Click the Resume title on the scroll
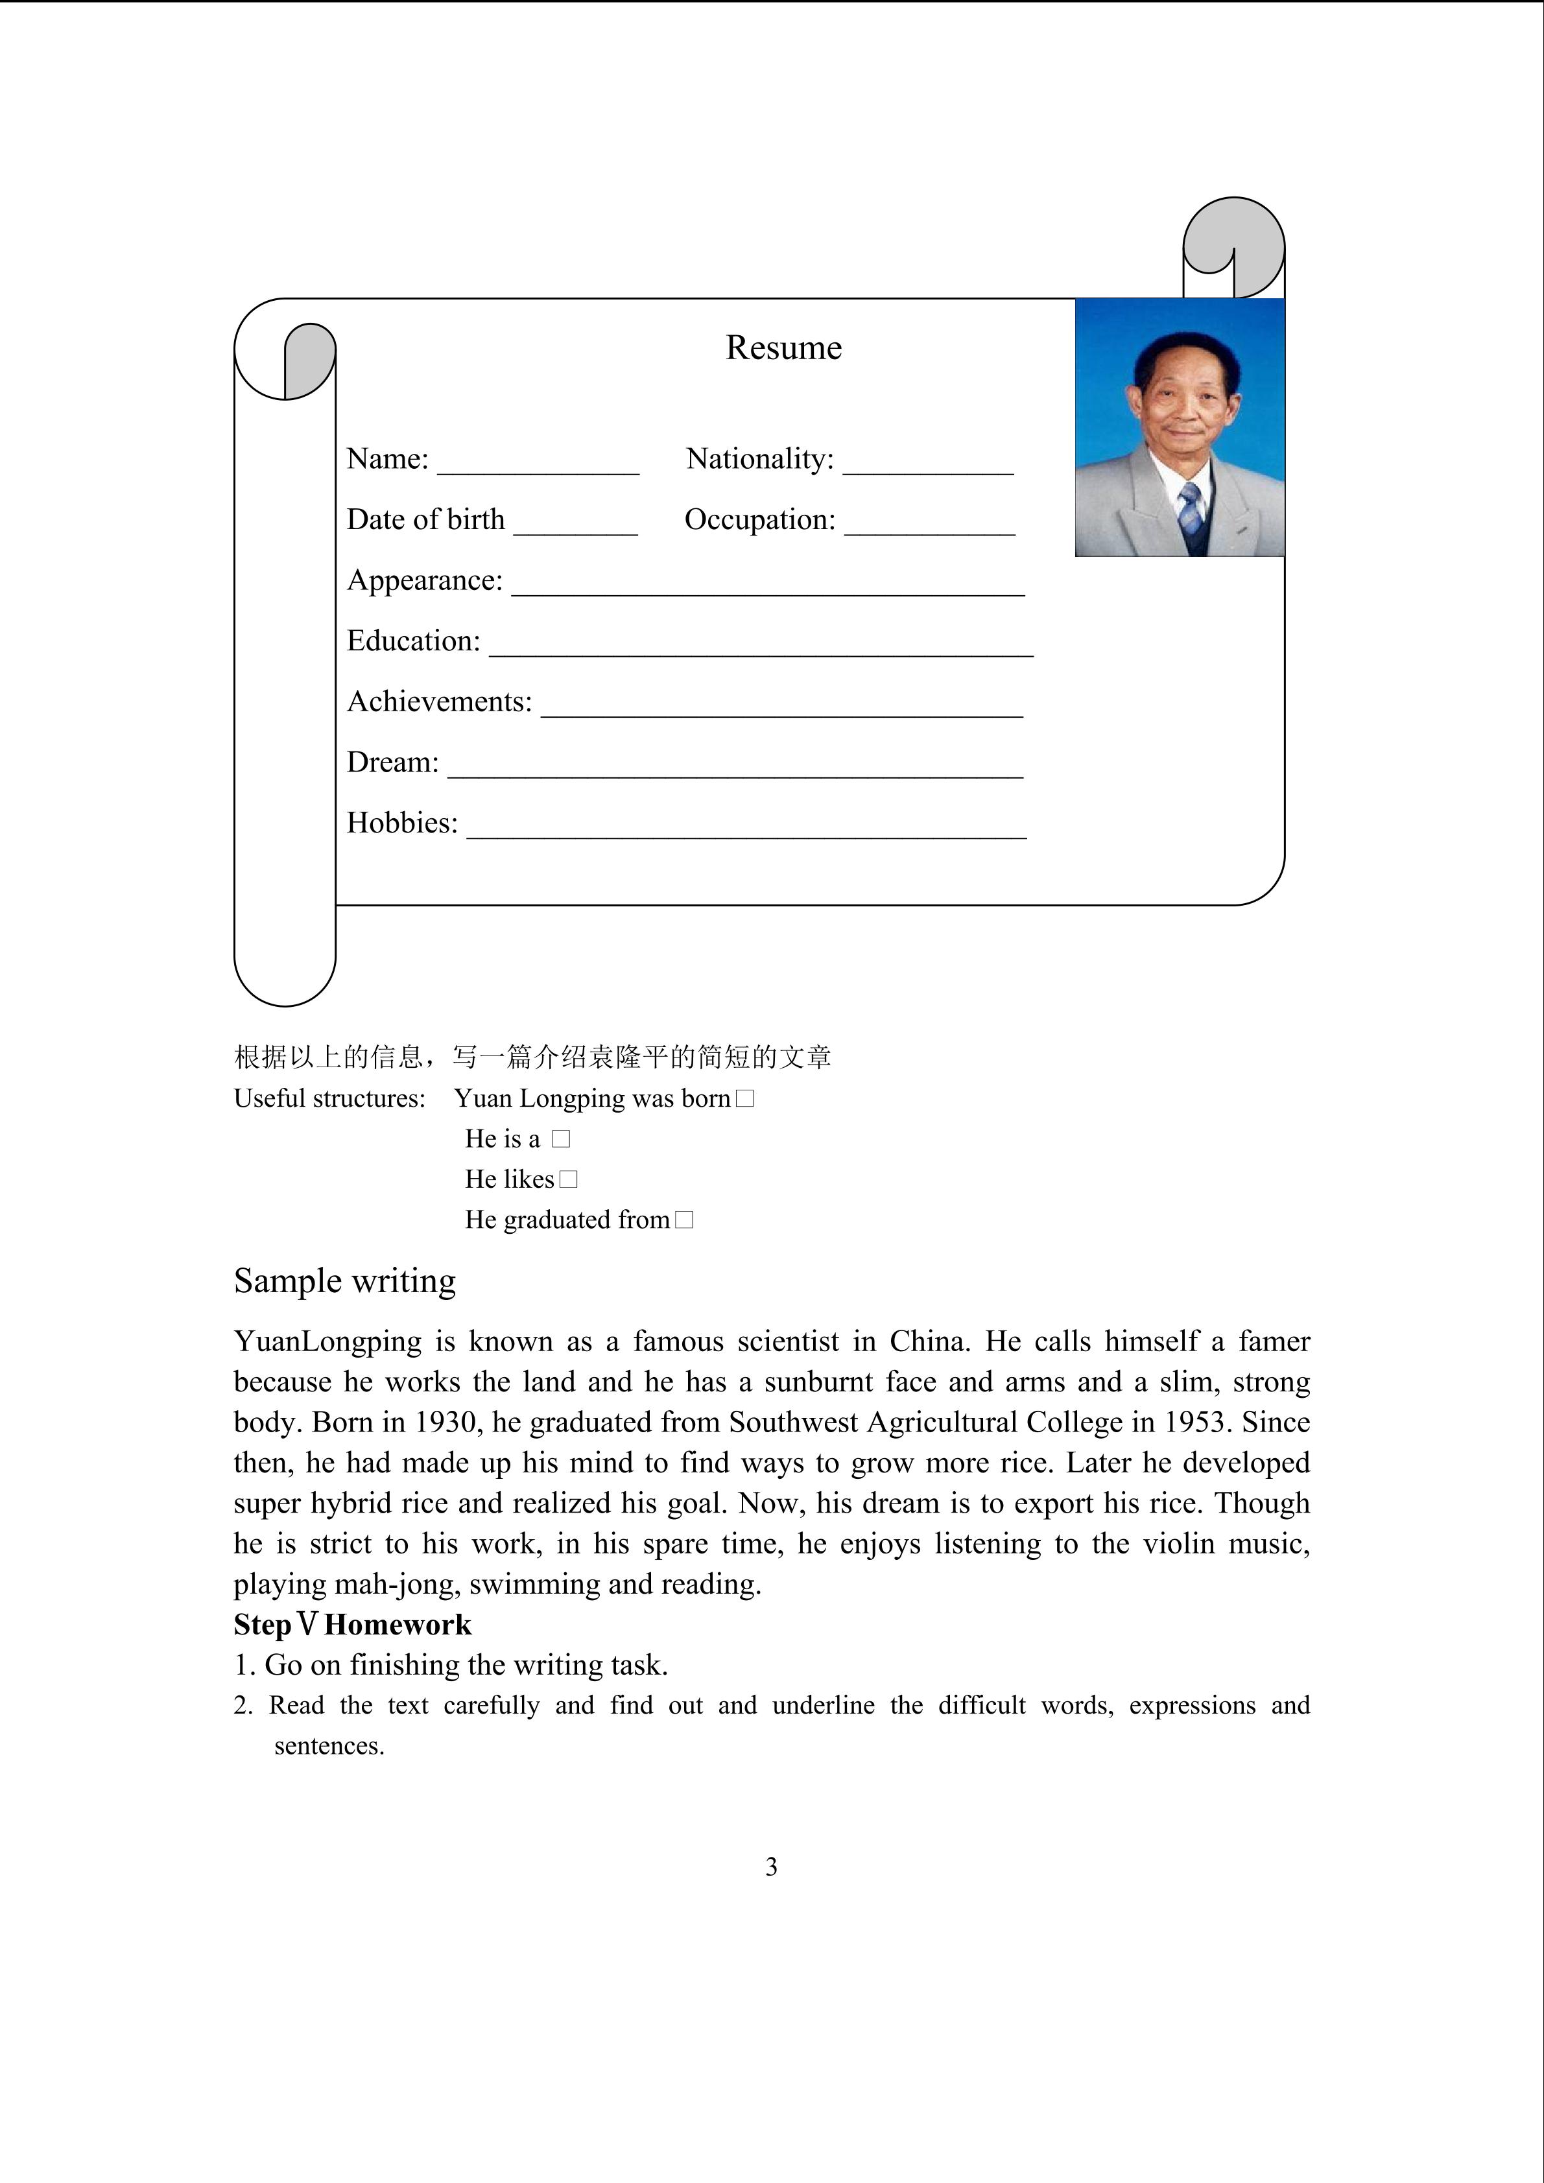click(x=783, y=348)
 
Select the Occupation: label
click(x=759, y=520)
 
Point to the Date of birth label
click(x=425, y=520)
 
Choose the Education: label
click(x=414, y=641)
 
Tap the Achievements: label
click(x=439, y=702)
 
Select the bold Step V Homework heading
click(x=351, y=1625)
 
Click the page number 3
click(x=771, y=1867)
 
